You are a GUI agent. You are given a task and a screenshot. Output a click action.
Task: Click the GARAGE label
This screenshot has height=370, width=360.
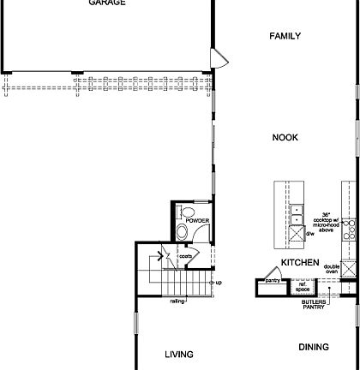pos(107,3)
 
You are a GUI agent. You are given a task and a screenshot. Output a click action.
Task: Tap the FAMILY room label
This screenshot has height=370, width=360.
pos(285,36)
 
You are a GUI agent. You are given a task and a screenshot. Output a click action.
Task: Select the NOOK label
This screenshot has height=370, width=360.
pos(285,137)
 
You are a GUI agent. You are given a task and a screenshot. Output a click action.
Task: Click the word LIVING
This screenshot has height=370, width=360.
pos(179,354)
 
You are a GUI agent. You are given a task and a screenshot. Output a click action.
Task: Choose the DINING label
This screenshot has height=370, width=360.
pos(314,347)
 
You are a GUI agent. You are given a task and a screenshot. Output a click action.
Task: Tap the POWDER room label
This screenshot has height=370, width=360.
pos(196,220)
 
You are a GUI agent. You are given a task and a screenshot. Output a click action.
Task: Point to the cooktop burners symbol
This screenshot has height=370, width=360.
pos(349,230)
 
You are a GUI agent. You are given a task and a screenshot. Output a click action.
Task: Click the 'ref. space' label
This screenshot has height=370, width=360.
pos(303,288)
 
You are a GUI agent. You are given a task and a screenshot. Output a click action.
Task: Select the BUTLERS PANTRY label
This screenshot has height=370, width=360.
pos(313,305)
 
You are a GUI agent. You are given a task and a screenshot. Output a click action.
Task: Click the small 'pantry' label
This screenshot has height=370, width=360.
pos(273,279)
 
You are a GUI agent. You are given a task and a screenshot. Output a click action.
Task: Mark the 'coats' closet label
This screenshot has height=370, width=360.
pos(184,254)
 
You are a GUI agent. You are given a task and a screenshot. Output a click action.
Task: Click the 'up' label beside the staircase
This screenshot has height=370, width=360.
pos(219,283)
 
